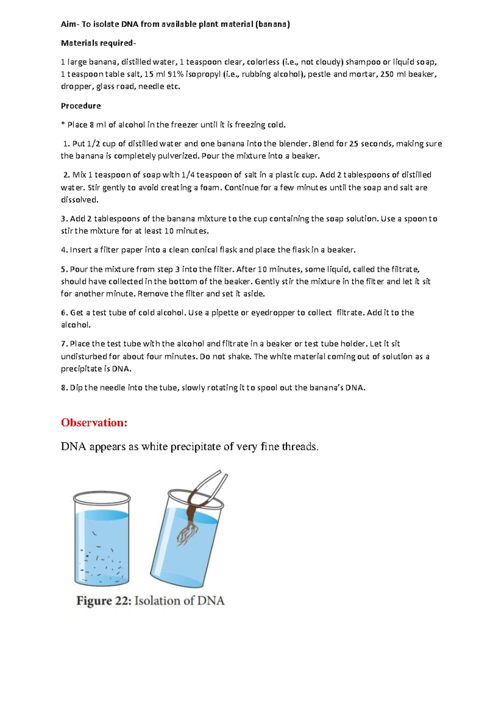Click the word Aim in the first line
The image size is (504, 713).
click(x=68, y=24)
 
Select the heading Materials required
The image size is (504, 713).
click(x=98, y=43)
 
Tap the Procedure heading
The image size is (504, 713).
click(x=81, y=106)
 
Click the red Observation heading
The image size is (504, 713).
click(x=94, y=423)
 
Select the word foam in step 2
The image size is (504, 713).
click(x=210, y=187)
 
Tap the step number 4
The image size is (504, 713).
click(x=63, y=250)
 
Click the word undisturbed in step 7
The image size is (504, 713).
click(x=84, y=356)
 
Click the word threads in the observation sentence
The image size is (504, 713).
click(x=300, y=446)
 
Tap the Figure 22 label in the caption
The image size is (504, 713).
click(x=103, y=601)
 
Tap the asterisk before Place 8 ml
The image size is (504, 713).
click(x=63, y=124)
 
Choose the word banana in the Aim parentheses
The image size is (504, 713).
click(x=273, y=24)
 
